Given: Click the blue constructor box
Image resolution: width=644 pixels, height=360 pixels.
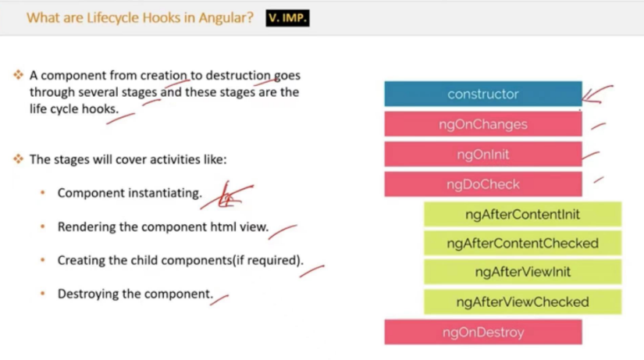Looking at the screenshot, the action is click(x=483, y=94).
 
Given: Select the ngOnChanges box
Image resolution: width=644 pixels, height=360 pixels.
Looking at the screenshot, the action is click(x=483, y=124).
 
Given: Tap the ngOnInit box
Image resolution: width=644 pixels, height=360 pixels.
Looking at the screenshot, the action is click(x=483, y=154).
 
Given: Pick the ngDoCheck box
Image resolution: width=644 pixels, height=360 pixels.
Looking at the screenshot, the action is click(x=483, y=184).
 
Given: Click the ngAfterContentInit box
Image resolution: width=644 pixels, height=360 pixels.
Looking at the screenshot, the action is click(x=522, y=214).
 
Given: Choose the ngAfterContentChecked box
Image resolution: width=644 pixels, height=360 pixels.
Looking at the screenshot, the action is click(x=522, y=244).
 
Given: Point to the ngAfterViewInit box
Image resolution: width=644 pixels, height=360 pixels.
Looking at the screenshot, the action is click(x=522, y=272).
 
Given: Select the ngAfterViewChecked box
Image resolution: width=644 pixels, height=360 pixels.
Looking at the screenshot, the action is click(x=522, y=302).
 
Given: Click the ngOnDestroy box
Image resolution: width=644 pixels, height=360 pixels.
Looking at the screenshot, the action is click(x=483, y=332).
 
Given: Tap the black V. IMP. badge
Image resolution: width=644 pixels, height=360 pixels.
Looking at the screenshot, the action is click(x=287, y=18).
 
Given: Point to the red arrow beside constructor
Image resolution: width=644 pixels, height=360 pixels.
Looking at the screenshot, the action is click(x=597, y=94).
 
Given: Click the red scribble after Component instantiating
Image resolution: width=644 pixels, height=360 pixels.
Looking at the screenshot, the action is click(x=226, y=196).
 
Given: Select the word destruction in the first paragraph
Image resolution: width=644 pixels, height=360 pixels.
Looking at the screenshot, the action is click(x=238, y=75).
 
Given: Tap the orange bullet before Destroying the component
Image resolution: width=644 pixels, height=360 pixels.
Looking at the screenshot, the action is click(x=43, y=294).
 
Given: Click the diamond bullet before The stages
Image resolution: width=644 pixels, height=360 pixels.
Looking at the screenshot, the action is click(x=18, y=159).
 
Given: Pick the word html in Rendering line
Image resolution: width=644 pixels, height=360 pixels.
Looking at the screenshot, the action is click(x=223, y=226).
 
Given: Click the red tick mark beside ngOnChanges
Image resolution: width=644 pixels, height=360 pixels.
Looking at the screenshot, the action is click(x=599, y=127).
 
